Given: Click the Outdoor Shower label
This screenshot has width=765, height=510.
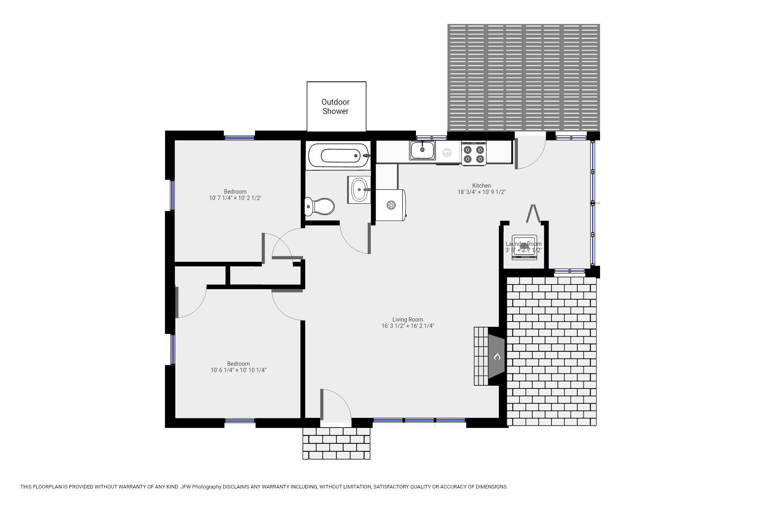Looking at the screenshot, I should point(335,107).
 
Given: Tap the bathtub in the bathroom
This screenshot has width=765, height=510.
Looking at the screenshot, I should point(338,155).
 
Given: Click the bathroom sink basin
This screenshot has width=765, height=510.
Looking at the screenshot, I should point(359,190).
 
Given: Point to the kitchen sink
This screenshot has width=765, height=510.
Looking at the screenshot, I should point(422,150).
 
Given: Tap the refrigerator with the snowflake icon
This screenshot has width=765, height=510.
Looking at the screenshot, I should point(391,205).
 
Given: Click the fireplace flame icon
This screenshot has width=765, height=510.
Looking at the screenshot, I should point(497,356).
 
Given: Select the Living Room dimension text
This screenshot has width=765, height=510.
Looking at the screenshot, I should point(408,326).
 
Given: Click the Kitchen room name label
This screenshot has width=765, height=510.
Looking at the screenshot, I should point(481,186).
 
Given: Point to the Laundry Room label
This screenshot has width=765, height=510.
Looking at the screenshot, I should point(523,244).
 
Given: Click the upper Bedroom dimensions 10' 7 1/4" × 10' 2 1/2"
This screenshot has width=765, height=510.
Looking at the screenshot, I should point(235,198).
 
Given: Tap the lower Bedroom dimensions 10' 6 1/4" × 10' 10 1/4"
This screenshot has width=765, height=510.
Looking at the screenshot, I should point(238,370).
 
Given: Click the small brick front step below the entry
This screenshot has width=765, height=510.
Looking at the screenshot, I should point(336,443).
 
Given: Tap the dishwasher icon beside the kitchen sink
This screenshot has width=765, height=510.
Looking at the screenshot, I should point(447,152).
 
